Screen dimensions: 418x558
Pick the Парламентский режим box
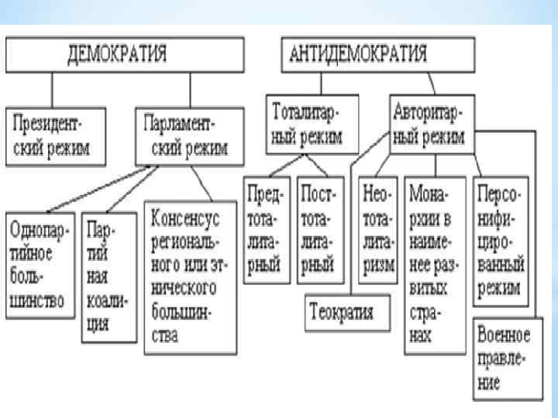187,137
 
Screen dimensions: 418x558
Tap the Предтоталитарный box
264,230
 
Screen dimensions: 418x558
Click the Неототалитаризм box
375,230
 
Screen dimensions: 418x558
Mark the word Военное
503,335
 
